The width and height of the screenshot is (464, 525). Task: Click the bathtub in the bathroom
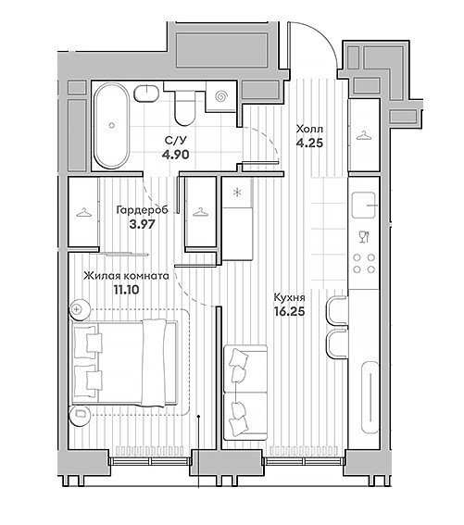pos(111,125)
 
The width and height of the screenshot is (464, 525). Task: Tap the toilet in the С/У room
pos(184,107)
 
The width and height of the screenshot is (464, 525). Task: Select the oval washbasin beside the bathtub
pos(146,93)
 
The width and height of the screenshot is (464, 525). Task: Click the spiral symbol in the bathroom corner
pos(221,96)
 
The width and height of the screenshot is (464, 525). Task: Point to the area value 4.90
pos(175,155)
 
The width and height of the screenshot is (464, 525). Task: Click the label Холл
pos(309,129)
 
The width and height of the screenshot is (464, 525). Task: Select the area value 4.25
pos(309,143)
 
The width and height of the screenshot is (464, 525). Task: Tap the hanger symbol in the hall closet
pos(363,135)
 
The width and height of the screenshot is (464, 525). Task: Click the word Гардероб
pos(142,210)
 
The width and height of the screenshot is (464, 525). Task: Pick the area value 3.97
pos(142,224)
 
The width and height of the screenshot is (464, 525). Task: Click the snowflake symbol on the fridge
pos(237,193)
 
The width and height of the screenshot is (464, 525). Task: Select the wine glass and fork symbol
pos(363,236)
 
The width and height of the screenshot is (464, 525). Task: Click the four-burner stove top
pos(364,263)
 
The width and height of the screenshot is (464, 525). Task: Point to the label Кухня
pos(290,297)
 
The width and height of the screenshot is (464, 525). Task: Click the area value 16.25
pos(290,312)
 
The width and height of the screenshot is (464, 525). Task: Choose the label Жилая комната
pos(126,276)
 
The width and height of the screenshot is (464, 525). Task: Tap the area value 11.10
pos(126,290)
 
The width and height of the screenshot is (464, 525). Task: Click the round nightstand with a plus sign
pos(80,309)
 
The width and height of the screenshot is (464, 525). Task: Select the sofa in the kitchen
pos(245,393)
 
